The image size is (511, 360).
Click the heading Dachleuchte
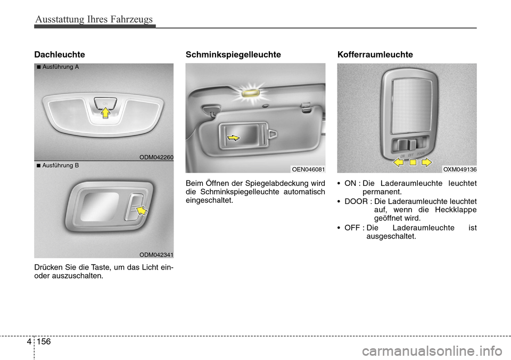click(59, 54)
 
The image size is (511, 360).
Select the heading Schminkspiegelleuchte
click(233, 54)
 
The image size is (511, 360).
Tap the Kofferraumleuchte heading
click(375, 54)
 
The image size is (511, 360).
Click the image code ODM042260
click(156, 157)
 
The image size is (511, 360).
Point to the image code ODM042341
click(156, 255)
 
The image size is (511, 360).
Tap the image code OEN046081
click(308, 169)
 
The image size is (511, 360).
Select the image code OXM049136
click(460, 169)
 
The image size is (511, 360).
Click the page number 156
click(44, 341)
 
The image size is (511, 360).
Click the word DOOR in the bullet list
click(356, 201)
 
